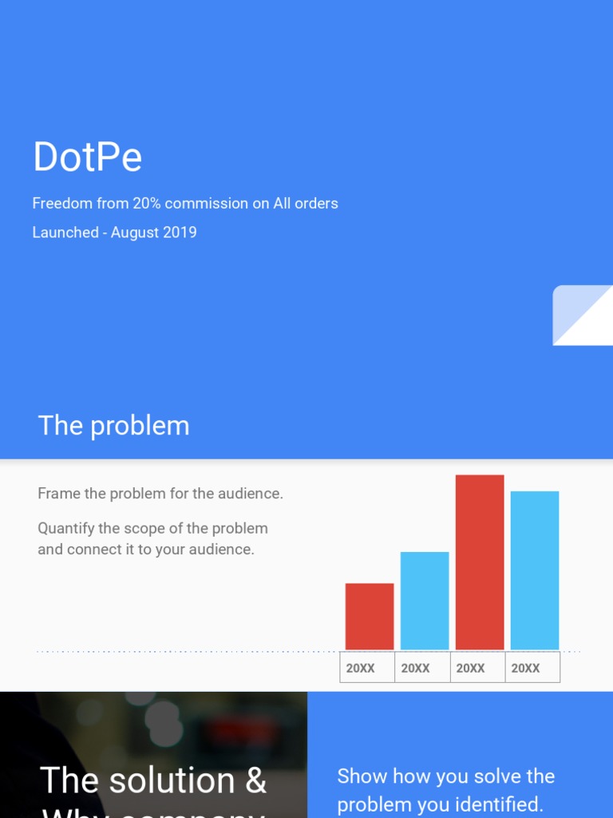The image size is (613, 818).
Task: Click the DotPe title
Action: (87, 157)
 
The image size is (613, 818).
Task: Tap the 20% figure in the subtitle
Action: (147, 204)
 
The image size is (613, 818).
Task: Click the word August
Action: (136, 232)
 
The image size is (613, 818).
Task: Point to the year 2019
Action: (180, 232)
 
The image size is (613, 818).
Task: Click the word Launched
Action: (65, 232)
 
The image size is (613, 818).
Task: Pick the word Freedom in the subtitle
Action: (62, 204)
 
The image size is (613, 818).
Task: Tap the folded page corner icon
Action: (582, 315)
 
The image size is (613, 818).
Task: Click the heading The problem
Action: (113, 426)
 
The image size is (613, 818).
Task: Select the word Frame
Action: (59, 494)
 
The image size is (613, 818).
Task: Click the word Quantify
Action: (68, 529)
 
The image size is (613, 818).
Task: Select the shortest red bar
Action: (370, 616)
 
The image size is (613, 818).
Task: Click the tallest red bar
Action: (480, 562)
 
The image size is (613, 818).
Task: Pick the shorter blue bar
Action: (425, 600)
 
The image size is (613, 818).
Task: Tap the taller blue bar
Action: (535, 570)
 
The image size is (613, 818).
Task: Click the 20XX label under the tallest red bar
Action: (470, 668)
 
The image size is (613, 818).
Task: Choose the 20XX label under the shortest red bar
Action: (360, 668)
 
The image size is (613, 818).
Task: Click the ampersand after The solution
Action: (255, 780)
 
